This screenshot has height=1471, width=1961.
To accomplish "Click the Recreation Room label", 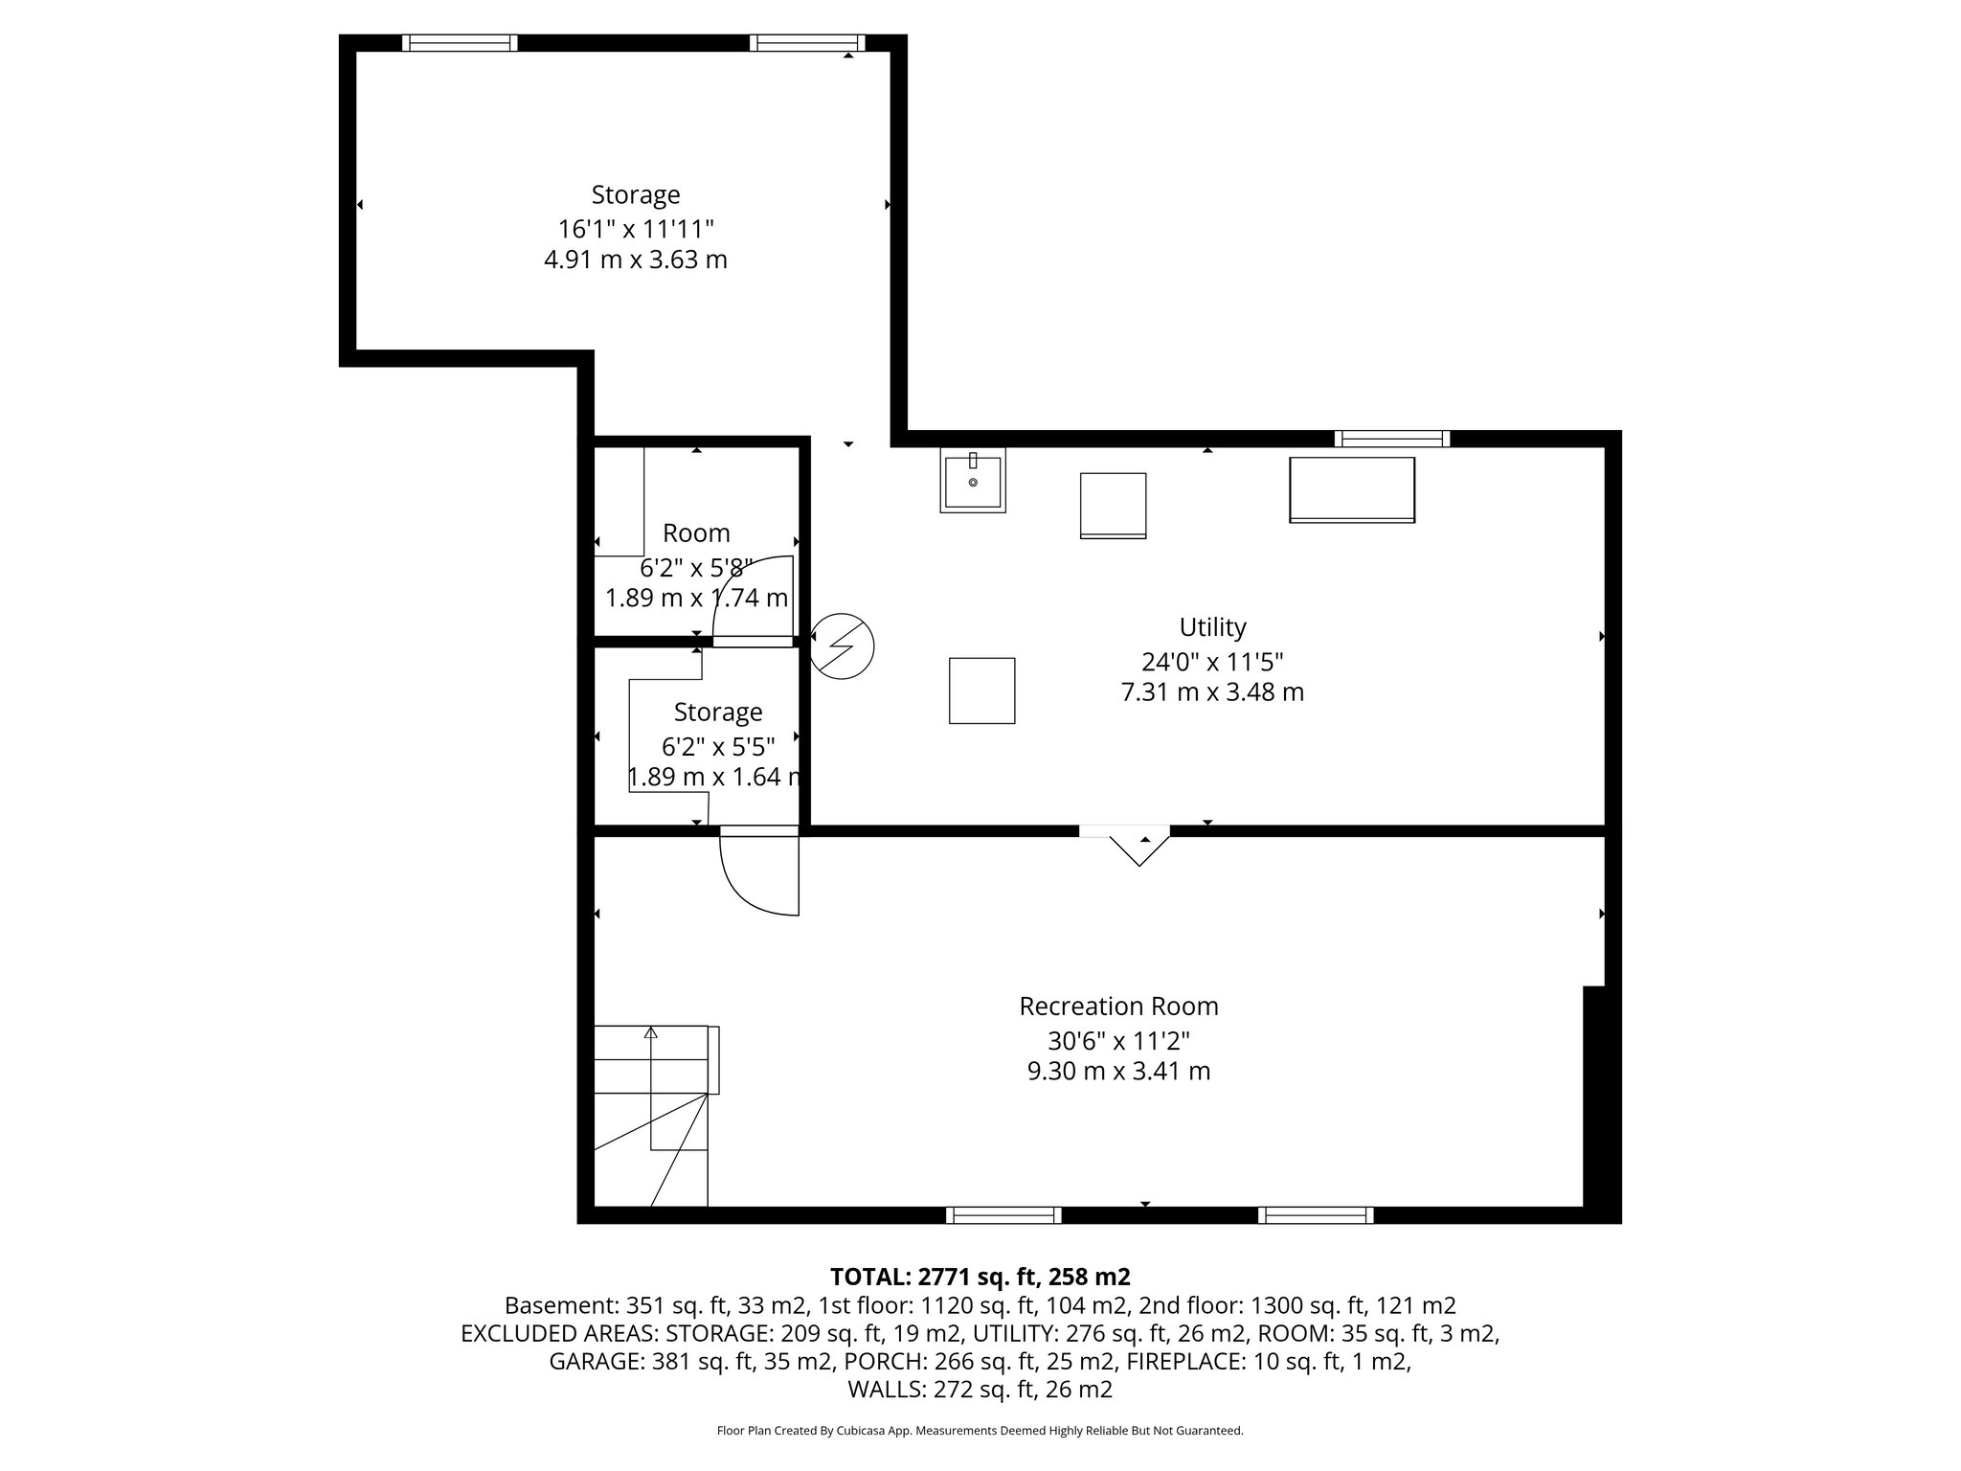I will (1118, 1007).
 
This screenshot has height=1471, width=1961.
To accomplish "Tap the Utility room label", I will (1212, 627).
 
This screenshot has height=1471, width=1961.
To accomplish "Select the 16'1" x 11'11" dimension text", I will (636, 229).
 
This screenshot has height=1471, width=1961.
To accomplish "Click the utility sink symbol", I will (973, 482).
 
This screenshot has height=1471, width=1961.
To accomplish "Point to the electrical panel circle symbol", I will (842, 645).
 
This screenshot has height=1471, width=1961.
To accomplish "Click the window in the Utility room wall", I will (1392, 439).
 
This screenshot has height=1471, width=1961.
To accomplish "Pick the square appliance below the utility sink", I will (981, 690).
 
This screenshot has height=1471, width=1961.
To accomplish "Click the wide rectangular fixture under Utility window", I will (1352, 489).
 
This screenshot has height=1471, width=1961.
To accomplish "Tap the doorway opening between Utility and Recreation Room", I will (1125, 831).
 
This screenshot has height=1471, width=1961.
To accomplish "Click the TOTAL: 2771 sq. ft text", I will (980, 1277).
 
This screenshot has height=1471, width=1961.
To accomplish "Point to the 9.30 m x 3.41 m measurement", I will (1118, 1071).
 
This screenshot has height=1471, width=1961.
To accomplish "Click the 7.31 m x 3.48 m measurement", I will (1212, 691).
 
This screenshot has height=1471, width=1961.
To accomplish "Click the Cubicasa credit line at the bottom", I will (980, 1431).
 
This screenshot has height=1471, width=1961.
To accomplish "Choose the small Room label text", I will (696, 533).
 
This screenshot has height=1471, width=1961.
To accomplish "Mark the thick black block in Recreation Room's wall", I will (1594, 1097).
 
